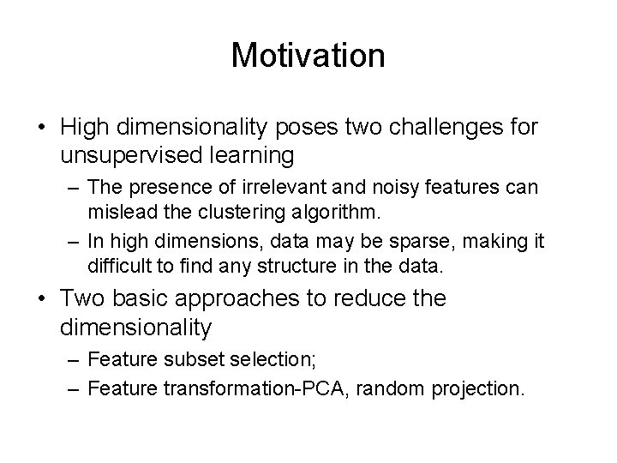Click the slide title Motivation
tap(308, 57)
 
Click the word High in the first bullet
tap(84, 129)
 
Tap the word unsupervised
tap(124, 156)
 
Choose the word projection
tap(476, 388)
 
